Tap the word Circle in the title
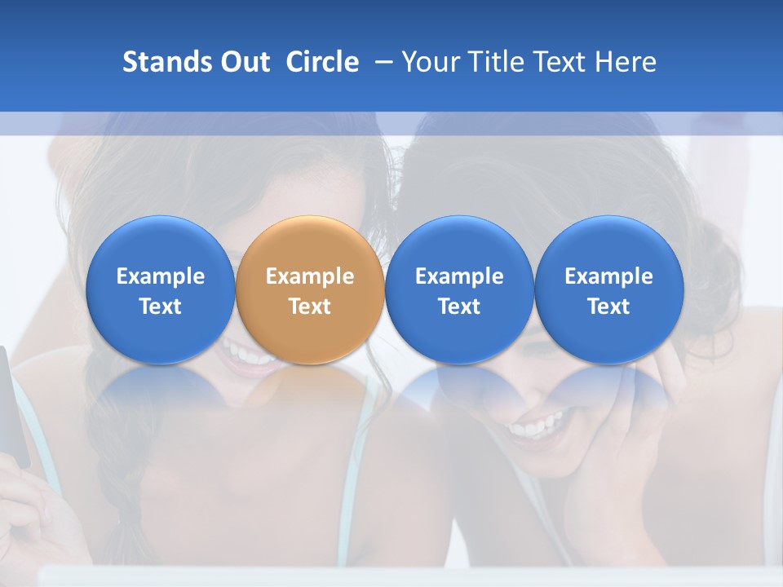322,62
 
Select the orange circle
310,289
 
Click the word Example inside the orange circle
310,276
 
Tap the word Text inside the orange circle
310,307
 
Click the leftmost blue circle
161,289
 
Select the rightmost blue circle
609,289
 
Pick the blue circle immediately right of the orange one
459,289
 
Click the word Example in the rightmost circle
609,276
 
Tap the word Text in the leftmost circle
161,307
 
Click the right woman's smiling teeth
534,427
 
